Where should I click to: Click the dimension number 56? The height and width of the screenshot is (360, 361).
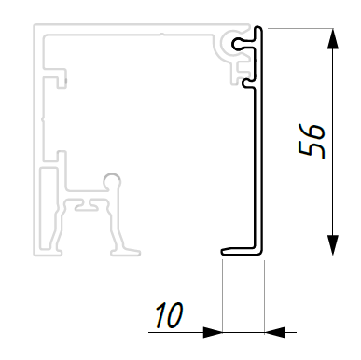312,142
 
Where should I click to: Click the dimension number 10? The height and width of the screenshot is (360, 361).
169,314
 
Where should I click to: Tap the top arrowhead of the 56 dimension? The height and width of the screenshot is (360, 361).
333,38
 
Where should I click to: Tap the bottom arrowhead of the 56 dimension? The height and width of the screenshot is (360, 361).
333,245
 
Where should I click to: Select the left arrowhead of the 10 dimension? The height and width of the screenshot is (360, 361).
213,332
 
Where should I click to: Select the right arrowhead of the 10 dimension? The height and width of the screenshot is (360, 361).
275,332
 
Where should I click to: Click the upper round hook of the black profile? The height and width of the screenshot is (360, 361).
240,44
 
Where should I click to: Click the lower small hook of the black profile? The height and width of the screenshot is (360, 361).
248,83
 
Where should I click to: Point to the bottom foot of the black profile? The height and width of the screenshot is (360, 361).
240,252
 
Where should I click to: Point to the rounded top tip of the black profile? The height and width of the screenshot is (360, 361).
258,29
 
